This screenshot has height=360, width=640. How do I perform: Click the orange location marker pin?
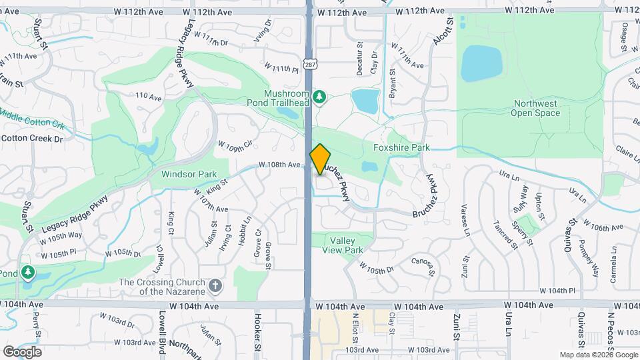tap(321, 159)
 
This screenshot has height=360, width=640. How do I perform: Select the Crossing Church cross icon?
tap(215, 286)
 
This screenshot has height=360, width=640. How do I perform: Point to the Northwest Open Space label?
tap(535, 108)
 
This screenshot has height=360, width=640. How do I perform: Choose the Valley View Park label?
tap(346, 245)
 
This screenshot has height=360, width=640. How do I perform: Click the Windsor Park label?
tap(189, 174)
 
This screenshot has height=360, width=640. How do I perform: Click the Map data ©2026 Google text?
tap(597, 355)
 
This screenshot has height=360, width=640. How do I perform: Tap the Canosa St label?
tap(423, 266)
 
